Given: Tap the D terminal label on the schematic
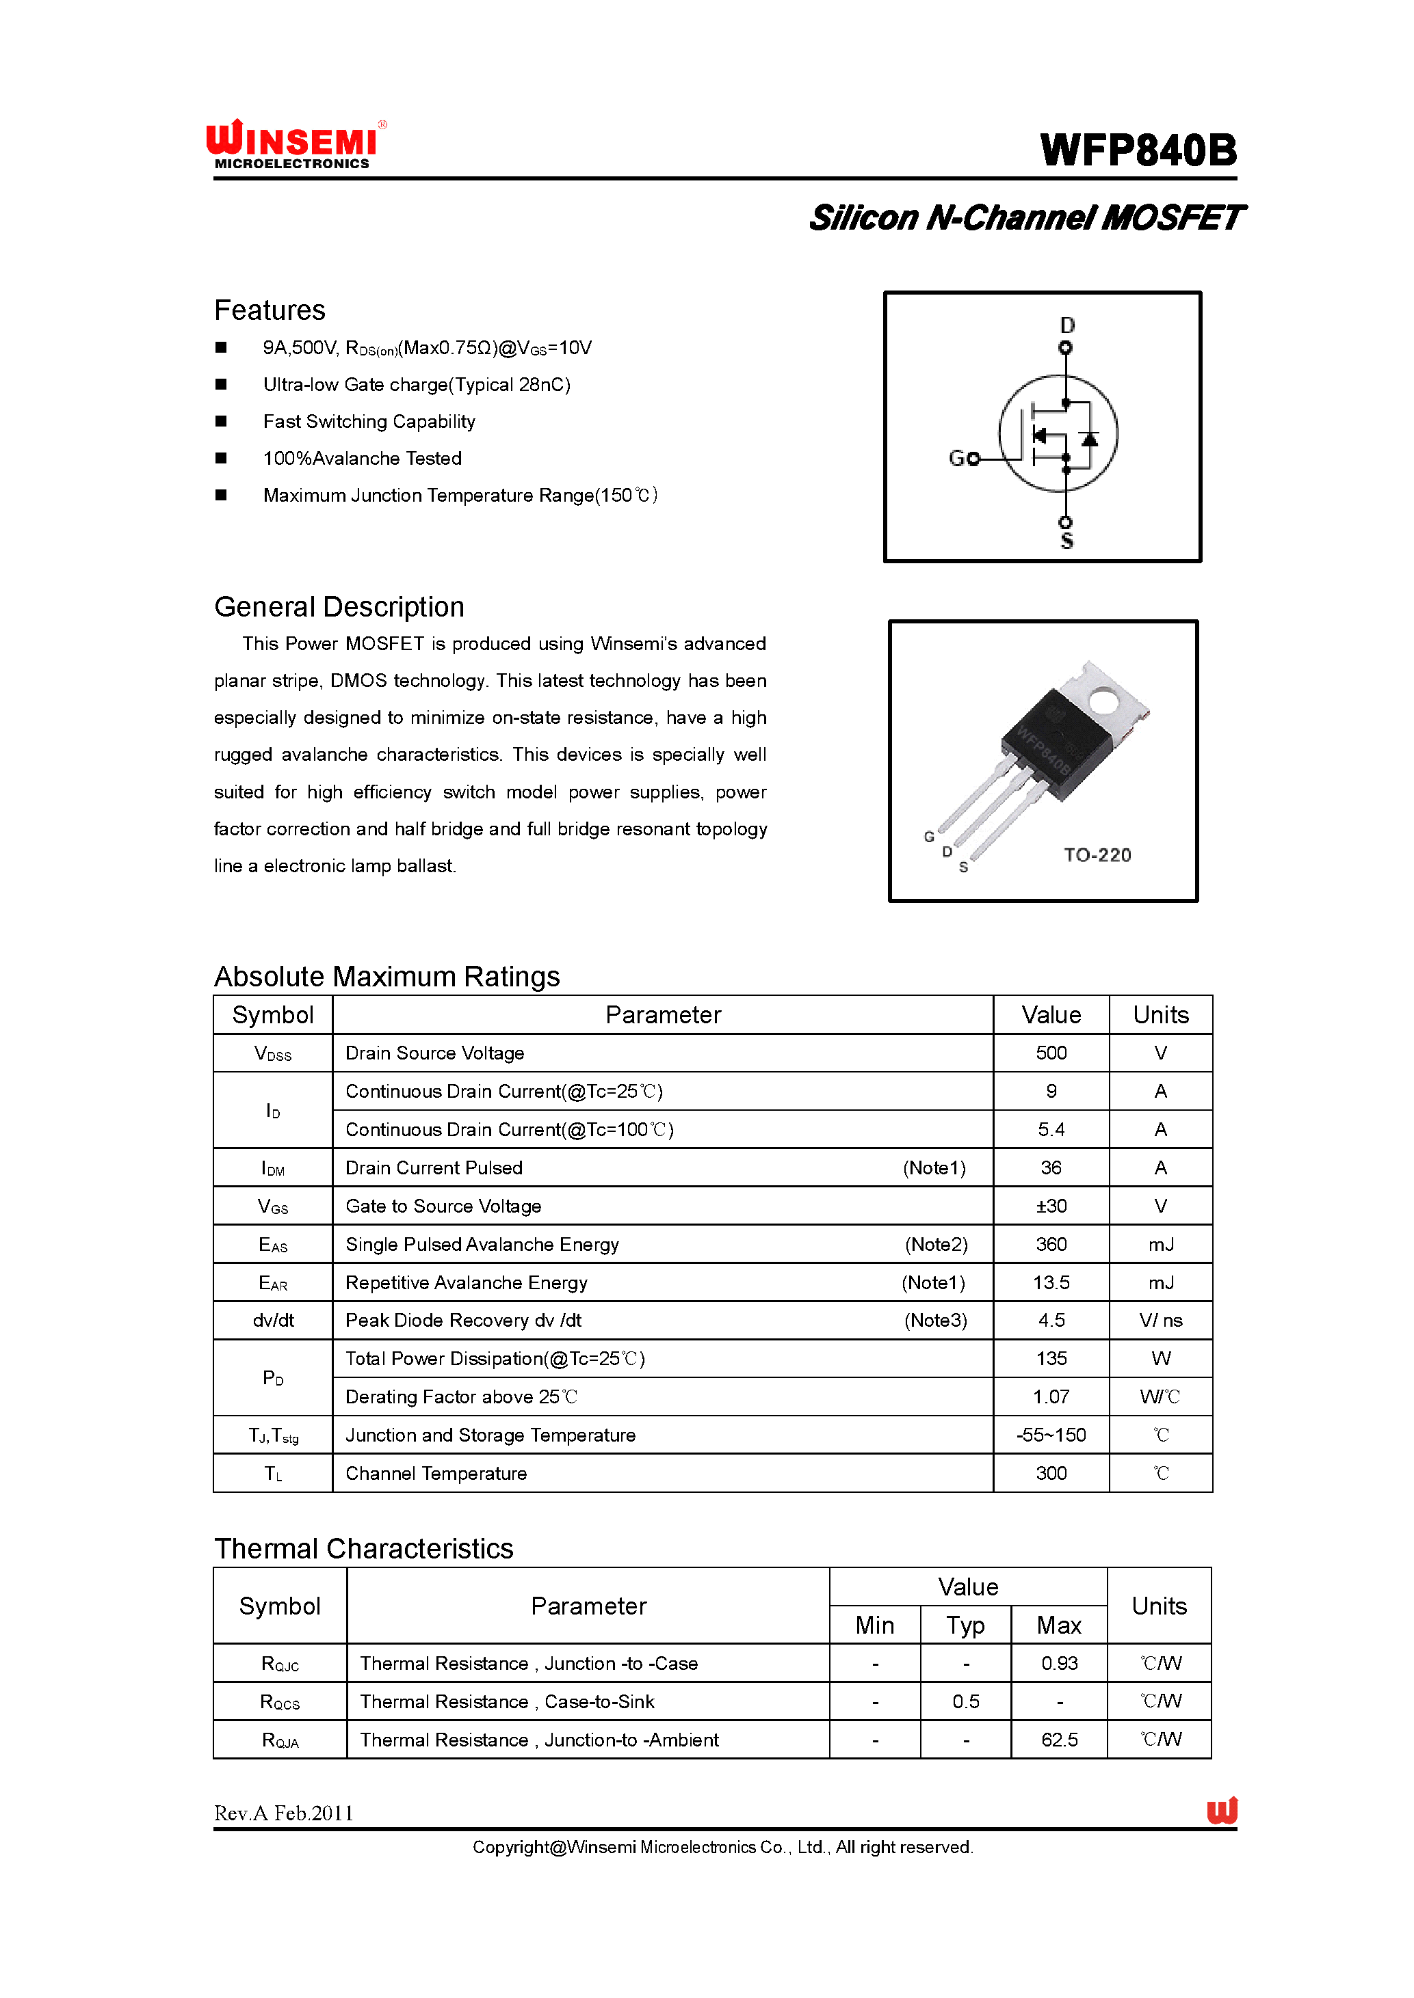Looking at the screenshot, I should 1067,325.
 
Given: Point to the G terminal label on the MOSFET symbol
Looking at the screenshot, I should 957,459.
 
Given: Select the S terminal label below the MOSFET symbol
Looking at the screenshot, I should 1066,542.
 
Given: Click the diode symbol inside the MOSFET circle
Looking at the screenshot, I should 1089,437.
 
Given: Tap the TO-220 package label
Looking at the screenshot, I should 1097,854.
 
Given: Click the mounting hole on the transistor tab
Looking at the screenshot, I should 1103,701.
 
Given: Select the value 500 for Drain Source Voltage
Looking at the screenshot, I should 1051,1053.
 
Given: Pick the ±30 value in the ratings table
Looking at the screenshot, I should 1051,1206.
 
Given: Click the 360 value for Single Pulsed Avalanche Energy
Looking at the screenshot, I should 1051,1245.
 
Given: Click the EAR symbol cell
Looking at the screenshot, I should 272,1283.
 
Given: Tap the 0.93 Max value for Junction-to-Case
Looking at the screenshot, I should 1059,1663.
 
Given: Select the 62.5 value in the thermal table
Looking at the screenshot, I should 1059,1740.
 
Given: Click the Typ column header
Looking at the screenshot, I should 966,1625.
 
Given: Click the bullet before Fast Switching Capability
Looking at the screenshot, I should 221,421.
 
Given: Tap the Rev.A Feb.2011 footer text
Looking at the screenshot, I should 284,1813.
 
